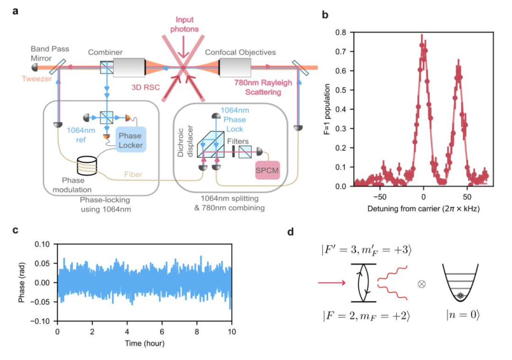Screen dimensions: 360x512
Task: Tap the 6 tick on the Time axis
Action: coord(162,331)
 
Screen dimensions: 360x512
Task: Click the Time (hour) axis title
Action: coord(145,342)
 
